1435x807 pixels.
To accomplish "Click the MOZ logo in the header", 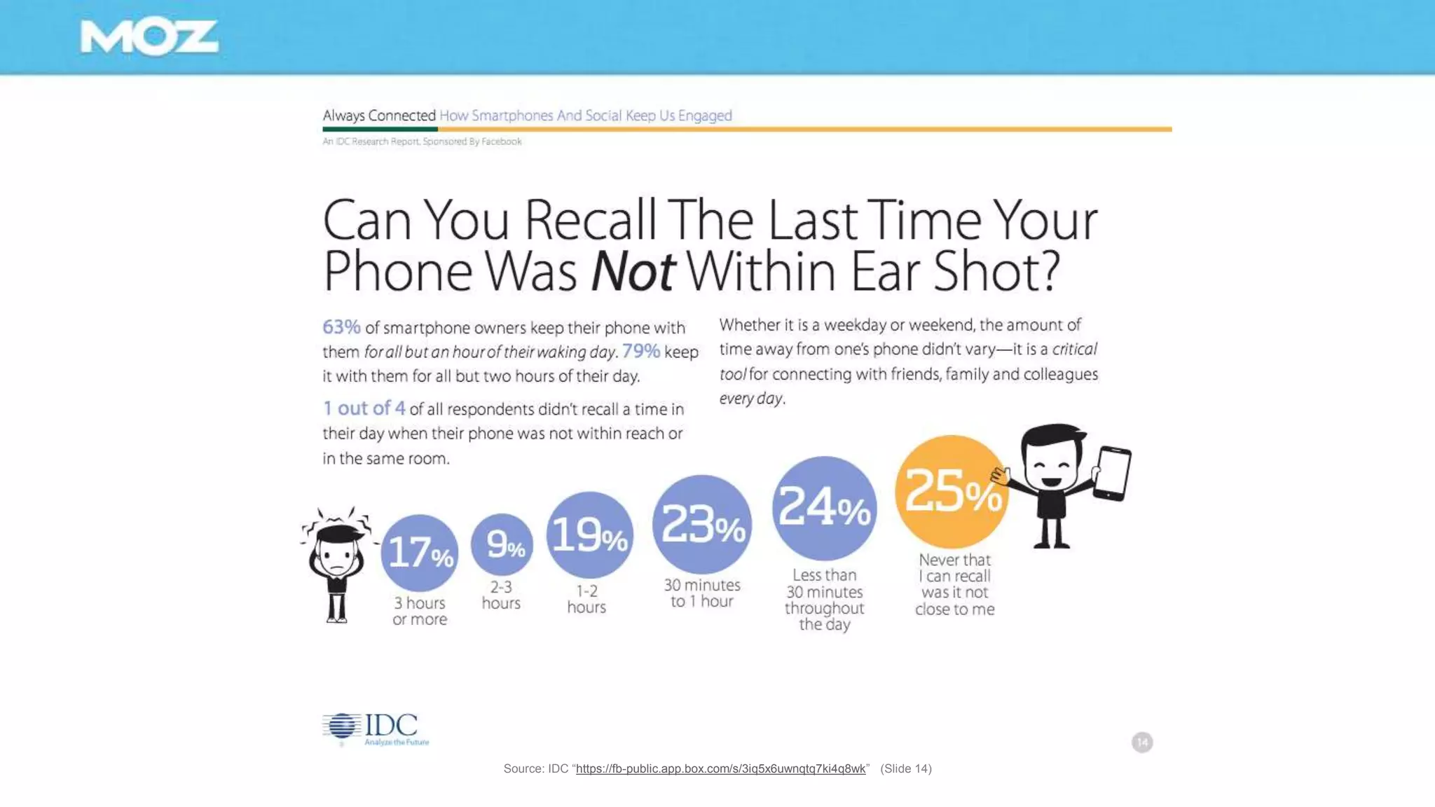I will pyautogui.click(x=149, y=37).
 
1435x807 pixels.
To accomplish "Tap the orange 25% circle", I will pyautogui.click(x=952, y=491).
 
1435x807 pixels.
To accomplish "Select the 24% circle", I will pyautogui.click(x=824, y=507).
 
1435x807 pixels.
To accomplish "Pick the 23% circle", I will pyautogui.click(x=702, y=524).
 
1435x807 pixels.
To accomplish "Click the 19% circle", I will pyautogui.click(x=589, y=535).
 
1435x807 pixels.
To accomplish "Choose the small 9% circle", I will pyautogui.click(x=502, y=544).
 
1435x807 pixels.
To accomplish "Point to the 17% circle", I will pyautogui.click(x=420, y=553).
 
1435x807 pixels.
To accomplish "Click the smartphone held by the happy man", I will pyautogui.click(x=1112, y=474).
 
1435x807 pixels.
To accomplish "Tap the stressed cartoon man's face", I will pyautogui.click(x=337, y=557).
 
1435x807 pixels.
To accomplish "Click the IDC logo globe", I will pyautogui.click(x=342, y=726).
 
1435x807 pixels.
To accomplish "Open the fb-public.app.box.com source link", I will pyautogui.click(x=720, y=768).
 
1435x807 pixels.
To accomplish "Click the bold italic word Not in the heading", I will pyautogui.click(x=633, y=272).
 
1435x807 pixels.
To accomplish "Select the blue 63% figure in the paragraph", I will pyautogui.click(x=341, y=327).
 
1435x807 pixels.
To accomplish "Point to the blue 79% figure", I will pyautogui.click(x=640, y=351).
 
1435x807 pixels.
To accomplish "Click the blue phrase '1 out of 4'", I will pyautogui.click(x=364, y=408).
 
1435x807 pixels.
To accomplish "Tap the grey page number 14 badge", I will pyautogui.click(x=1142, y=743).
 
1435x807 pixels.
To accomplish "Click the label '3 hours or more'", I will pyautogui.click(x=420, y=611).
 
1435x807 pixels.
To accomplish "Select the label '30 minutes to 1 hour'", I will pyautogui.click(x=702, y=593).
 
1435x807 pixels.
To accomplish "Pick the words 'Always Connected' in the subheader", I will pyautogui.click(x=379, y=116).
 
